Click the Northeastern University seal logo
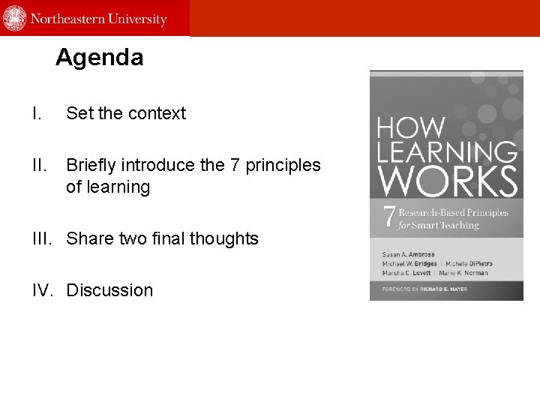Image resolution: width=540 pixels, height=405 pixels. click(15, 18)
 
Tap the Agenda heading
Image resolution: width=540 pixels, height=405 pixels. click(99, 57)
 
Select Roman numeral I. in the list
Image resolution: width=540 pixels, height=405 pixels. click(36, 113)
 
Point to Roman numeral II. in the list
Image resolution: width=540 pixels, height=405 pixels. click(38, 165)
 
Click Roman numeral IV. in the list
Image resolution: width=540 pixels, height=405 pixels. click(43, 290)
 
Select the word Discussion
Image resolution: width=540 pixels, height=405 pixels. click(109, 290)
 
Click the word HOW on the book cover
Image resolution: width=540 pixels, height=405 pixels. click(410, 127)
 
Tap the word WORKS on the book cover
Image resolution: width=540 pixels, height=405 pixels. click(447, 181)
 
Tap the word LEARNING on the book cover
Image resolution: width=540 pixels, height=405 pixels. click(447, 151)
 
